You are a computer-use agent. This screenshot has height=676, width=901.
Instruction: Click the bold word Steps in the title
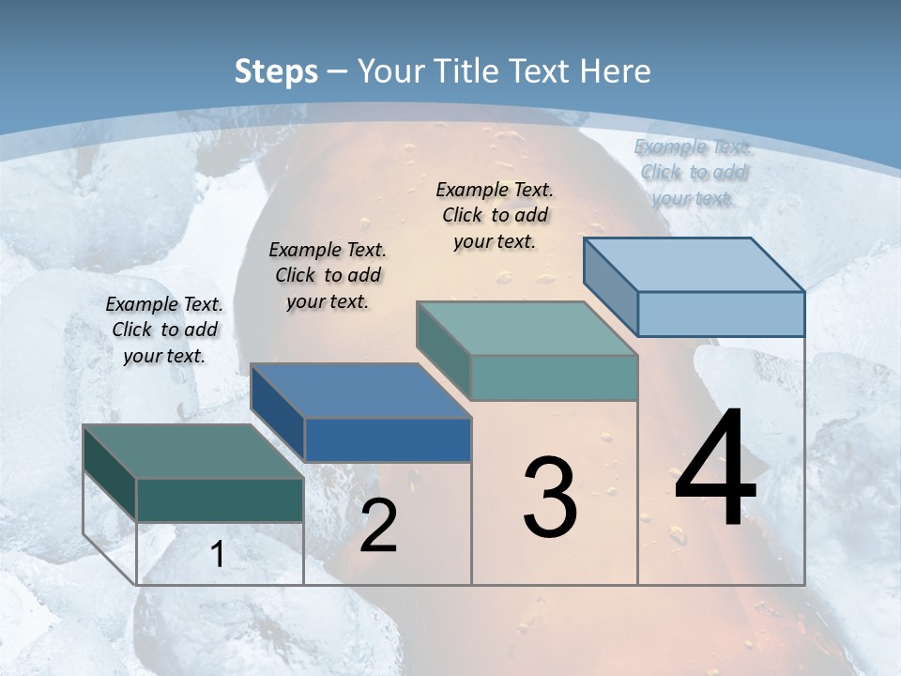coord(276,71)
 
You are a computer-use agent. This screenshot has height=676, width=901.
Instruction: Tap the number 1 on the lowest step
coord(218,555)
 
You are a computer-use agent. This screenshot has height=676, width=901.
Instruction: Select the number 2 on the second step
coord(378,526)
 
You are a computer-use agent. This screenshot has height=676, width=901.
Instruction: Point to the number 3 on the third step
coord(550,498)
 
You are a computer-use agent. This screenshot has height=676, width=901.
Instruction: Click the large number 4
coord(715,469)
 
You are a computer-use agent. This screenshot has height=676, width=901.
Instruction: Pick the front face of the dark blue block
coord(388,439)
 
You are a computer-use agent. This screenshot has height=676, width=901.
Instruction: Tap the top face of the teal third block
coord(526,329)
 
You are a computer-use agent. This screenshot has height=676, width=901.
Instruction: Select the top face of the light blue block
coord(693,265)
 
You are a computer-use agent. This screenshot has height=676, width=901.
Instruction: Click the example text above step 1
coord(164,330)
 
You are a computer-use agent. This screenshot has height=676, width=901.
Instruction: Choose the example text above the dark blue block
coord(328,275)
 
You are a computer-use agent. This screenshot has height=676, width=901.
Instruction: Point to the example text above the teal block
coord(495,215)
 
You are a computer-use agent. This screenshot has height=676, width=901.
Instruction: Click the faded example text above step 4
coord(694,172)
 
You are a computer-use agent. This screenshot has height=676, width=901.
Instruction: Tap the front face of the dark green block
coord(220,499)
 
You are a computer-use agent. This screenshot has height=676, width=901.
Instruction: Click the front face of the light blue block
coord(721,314)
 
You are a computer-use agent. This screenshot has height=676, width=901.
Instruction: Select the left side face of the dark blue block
coord(278,411)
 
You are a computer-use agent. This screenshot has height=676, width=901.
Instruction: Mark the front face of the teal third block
coord(554,377)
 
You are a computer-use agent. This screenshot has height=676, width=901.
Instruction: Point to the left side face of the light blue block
coord(610,287)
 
